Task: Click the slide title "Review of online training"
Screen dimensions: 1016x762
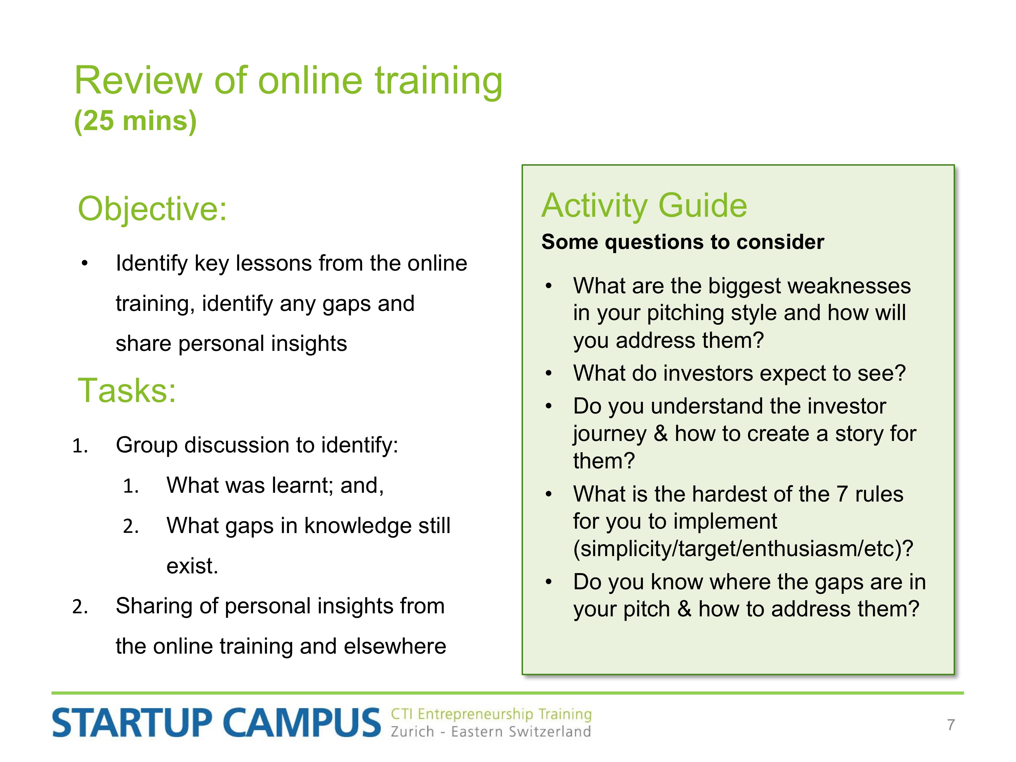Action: (x=289, y=82)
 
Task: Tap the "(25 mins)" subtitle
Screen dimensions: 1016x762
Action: (x=135, y=121)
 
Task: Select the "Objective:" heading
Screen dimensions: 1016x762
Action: (x=152, y=209)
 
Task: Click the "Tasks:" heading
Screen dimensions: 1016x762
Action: (x=127, y=390)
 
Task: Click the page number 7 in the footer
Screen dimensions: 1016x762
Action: (x=951, y=724)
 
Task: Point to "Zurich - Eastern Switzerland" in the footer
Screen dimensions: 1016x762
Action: (x=490, y=731)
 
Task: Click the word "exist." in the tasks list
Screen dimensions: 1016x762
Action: (x=192, y=566)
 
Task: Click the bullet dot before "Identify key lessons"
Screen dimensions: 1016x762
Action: (x=85, y=263)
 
